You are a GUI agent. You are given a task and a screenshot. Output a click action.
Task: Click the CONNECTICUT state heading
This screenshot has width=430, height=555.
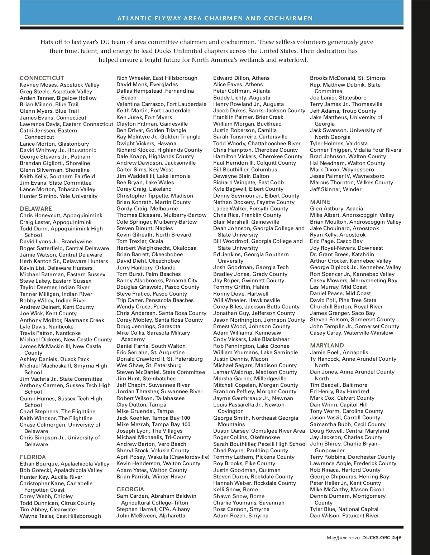42,78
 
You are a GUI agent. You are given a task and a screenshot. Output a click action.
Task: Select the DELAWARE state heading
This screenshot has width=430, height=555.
36,209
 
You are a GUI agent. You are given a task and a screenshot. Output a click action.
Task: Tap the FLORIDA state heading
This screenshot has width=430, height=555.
33,457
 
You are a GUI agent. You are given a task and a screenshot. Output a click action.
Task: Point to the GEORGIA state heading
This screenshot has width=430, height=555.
130,489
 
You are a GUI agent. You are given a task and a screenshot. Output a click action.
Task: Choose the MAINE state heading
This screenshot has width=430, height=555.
320,202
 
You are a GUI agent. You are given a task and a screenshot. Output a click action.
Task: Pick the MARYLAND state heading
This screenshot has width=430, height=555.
327,346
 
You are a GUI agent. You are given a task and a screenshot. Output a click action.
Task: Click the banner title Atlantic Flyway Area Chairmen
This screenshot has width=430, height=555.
215,18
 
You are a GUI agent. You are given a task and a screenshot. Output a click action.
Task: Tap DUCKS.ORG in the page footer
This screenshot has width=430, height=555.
376,537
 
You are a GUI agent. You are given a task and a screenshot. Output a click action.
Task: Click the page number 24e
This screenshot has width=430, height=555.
397,537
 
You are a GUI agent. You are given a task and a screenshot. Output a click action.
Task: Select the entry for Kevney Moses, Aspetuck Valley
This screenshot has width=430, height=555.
59,85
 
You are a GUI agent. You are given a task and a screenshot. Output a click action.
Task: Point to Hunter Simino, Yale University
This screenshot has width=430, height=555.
58,196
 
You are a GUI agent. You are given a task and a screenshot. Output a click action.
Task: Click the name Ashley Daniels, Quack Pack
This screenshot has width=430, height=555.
54,359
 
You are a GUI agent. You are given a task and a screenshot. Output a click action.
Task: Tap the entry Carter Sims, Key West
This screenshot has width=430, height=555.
145,170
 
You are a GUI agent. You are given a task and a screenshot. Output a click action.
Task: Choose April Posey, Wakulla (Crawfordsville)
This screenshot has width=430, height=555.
163,457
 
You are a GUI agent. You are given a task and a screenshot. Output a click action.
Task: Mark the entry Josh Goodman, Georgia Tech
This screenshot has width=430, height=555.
251,267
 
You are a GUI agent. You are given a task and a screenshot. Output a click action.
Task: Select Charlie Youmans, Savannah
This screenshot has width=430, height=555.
249,503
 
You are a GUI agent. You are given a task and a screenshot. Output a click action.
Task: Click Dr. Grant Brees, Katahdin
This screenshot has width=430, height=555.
342,254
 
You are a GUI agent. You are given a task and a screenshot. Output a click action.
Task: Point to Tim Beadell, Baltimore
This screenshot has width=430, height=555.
339,385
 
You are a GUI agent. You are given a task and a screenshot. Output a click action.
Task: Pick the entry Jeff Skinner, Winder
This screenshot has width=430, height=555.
336,189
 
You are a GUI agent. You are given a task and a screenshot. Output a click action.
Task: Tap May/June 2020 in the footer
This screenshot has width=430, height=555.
343,537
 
